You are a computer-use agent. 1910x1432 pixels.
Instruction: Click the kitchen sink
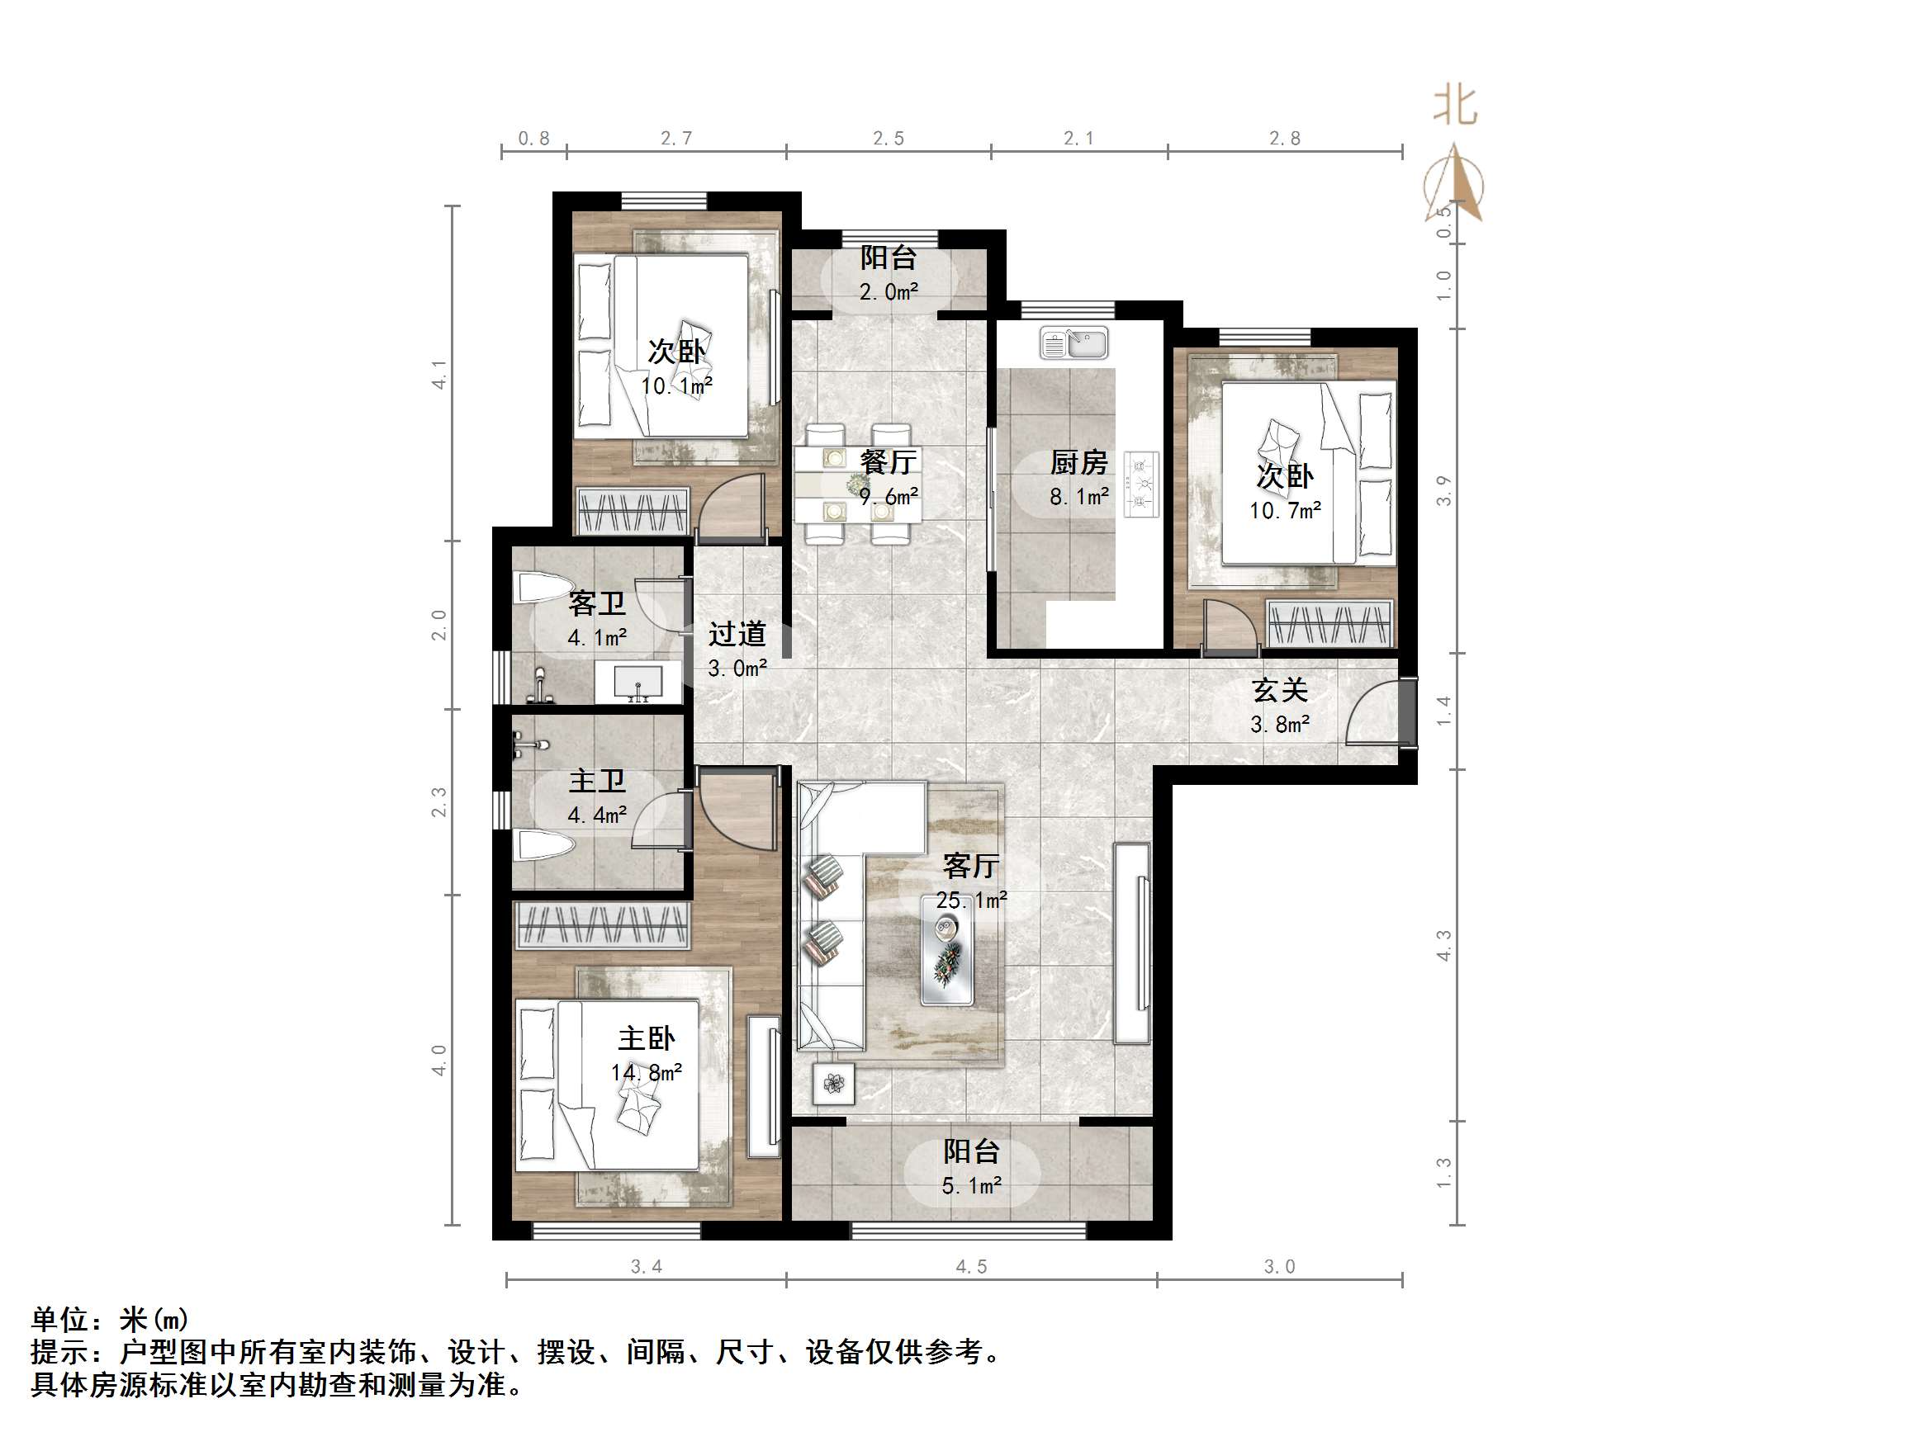point(1074,343)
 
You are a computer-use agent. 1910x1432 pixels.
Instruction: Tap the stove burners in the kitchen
point(1141,485)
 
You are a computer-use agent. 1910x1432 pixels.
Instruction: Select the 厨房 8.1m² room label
point(1078,479)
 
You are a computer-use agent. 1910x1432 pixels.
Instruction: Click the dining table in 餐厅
point(857,484)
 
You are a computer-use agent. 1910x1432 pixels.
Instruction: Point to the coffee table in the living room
point(947,950)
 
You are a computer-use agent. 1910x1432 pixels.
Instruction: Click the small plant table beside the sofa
point(833,1083)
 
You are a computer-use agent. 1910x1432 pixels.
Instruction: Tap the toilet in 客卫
point(543,589)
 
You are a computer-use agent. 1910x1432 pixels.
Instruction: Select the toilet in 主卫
point(543,845)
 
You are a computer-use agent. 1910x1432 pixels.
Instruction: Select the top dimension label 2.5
point(889,138)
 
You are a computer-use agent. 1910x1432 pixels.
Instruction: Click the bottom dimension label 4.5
point(971,1266)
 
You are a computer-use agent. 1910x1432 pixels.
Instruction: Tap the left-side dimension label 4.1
point(439,374)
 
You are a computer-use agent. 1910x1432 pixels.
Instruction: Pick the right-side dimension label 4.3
point(1443,945)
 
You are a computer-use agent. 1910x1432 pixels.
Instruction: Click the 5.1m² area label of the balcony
point(971,1186)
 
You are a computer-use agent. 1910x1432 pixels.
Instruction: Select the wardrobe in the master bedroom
point(603,924)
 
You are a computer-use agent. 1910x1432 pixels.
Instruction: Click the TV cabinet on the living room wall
point(1132,943)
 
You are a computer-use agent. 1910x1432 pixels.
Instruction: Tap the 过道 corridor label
point(737,634)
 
